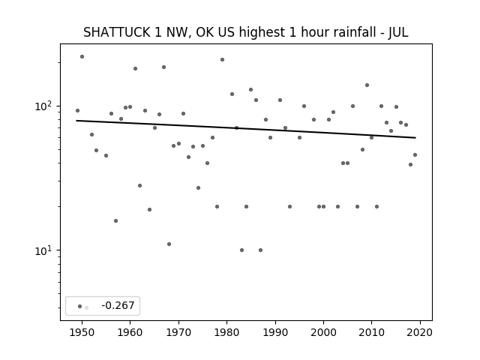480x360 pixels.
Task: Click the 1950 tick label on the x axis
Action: (82, 332)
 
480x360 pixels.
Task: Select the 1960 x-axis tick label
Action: (130, 332)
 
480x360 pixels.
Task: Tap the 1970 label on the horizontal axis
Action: (178, 332)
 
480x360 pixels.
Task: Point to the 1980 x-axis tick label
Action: (226, 332)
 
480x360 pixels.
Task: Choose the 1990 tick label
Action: (275, 332)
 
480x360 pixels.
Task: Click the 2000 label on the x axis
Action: (323, 332)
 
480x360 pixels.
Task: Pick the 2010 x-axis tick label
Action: (372, 332)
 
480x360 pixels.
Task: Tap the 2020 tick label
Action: (420, 332)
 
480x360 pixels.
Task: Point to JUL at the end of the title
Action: (398, 32)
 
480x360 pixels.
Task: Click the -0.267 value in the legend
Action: (118, 305)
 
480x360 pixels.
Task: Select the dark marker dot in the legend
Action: (79, 306)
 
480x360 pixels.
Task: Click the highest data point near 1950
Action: (82, 57)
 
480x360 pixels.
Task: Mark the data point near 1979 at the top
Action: (222, 60)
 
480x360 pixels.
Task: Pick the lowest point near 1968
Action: (169, 244)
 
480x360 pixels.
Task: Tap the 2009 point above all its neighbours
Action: (367, 85)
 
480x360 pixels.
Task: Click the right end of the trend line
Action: (415, 138)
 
